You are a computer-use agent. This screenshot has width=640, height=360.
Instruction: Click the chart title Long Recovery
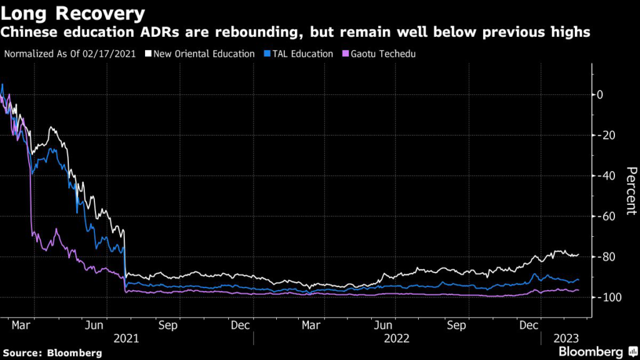click(74, 12)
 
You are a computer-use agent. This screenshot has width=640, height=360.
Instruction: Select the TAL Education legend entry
click(302, 54)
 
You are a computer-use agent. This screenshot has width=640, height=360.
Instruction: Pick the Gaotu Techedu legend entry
click(382, 54)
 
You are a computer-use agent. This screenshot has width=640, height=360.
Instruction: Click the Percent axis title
click(631, 191)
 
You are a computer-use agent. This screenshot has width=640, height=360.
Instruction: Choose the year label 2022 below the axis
click(397, 338)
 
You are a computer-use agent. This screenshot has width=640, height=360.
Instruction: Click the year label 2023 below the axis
click(566, 338)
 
